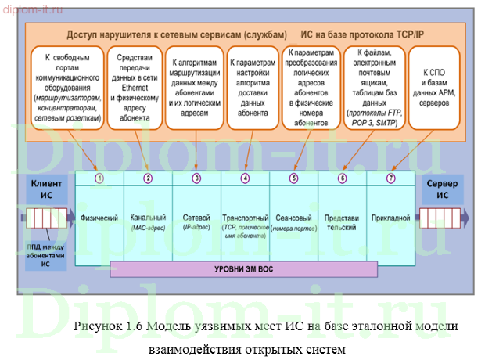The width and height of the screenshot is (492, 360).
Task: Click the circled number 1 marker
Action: [99, 178]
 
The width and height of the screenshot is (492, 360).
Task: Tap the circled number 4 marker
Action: [246, 178]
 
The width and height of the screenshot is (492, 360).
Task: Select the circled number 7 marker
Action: [392, 178]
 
